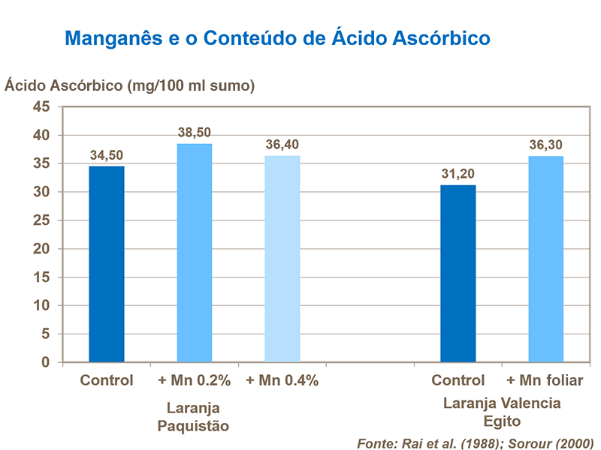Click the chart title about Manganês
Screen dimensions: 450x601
pyautogui.click(x=278, y=37)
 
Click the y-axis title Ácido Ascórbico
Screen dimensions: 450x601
pyautogui.click(x=130, y=85)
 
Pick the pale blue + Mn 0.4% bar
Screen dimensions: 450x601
pyautogui.click(x=282, y=259)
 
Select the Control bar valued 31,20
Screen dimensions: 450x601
pyautogui.click(x=458, y=274)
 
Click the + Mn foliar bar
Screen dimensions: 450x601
pyautogui.click(x=545, y=259)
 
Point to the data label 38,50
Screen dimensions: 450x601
pyautogui.click(x=195, y=133)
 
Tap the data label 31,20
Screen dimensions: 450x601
pyautogui.click(x=458, y=174)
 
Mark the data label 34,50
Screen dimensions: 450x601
pyautogui.click(x=107, y=155)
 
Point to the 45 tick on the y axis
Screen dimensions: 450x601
pyautogui.click(x=41, y=107)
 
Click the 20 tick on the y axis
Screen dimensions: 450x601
pyautogui.click(x=41, y=249)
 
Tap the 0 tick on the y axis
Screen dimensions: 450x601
pyautogui.click(x=45, y=362)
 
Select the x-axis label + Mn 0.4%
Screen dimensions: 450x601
pyautogui.click(x=282, y=380)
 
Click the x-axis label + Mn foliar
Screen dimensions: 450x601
pyautogui.click(x=545, y=380)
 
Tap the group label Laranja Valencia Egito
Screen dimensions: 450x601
pyautogui.click(x=502, y=412)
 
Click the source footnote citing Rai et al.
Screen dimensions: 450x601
pyautogui.click(x=475, y=442)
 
